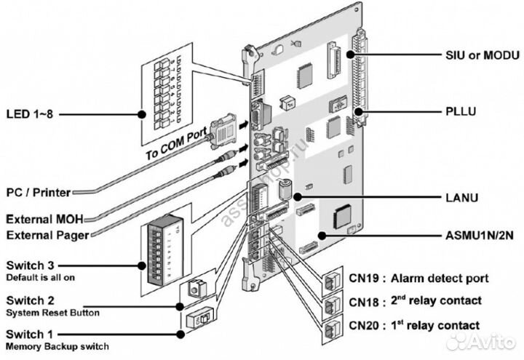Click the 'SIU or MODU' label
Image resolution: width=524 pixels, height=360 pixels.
pos(482,55)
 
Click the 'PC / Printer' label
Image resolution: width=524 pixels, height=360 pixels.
pos(38,193)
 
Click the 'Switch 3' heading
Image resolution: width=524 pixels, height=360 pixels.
pos(29,266)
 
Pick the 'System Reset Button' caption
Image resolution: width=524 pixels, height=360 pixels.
pos(52,313)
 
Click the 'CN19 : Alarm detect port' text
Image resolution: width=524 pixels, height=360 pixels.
pos(419,278)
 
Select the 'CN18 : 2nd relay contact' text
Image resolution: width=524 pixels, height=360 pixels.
pos(416,301)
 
